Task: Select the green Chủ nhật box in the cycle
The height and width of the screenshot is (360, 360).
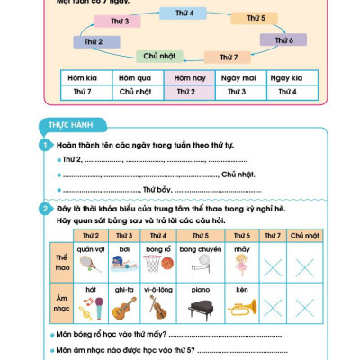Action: (158, 56)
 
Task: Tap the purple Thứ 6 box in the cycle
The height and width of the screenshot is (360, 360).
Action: (283, 40)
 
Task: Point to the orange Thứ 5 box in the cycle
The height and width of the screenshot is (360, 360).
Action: (255, 18)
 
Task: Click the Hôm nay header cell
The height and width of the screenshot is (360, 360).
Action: (185, 77)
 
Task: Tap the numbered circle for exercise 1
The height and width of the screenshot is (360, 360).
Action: (44, 145)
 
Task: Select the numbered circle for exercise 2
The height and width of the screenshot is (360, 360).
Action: (44, 209)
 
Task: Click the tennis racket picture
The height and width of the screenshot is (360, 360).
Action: (85, 263)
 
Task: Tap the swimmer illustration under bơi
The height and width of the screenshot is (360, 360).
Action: (123, 263)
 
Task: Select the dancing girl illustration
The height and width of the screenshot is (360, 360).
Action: (241, 263)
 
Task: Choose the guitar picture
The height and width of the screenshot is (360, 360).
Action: (123, 310)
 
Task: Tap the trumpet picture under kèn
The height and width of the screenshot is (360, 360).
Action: (242, 308)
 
